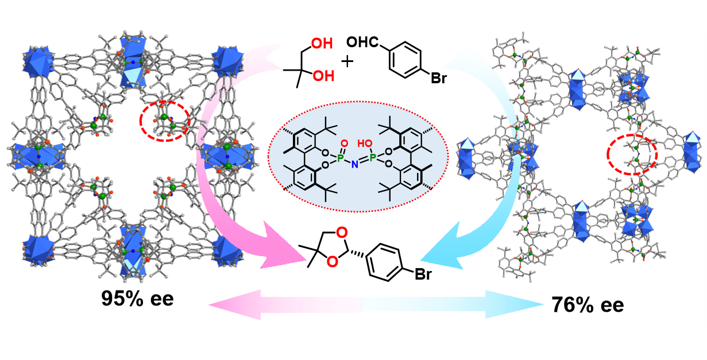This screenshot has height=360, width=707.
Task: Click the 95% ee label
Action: [x=137, y=299]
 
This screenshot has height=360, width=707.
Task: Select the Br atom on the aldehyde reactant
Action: [x=439, y=79]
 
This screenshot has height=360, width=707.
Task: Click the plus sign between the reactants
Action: [x=347, y=60]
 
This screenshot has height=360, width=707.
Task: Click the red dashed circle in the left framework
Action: [x=165, y=121]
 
